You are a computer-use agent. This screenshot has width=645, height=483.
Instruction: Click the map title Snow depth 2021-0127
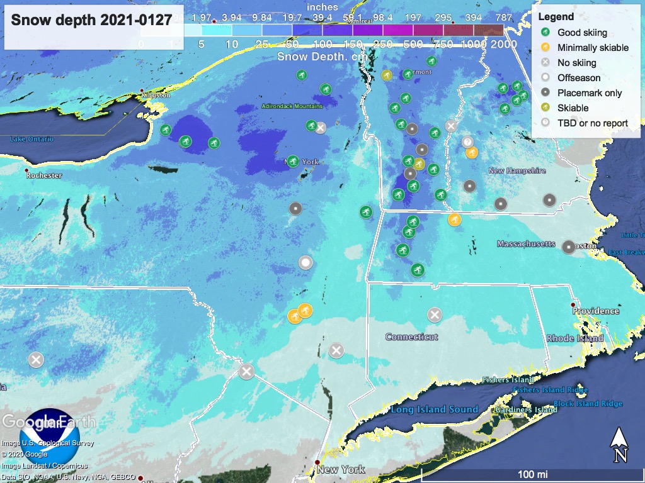click(x=92, y=19)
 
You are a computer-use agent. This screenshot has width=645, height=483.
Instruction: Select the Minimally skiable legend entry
click(x=593, y=47)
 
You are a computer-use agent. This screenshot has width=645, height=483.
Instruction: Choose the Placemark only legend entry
click(x=590, y=92)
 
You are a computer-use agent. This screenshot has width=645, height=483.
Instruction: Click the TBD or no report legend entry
click(x=592, y=123)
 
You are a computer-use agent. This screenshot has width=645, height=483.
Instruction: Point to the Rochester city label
click(x=44, y=175)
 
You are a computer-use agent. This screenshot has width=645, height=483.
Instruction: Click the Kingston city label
click(x=157, y=95)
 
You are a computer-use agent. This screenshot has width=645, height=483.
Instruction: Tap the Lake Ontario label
click(x=31, y=138)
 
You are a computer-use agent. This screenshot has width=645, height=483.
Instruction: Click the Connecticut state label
click(x=412, y=337)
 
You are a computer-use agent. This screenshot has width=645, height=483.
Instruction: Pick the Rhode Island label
click(x=574, y=338)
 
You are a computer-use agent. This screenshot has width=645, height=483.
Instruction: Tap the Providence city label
click(x=595, y=311)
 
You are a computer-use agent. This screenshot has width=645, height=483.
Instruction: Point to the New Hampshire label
click(x=517, y=170)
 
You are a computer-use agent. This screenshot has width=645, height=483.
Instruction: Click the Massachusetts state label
click(x=526, y=243)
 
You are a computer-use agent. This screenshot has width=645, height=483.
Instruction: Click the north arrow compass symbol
click(x=619, y=445)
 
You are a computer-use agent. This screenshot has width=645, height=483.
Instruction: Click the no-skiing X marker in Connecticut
click(x=435, y=314)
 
